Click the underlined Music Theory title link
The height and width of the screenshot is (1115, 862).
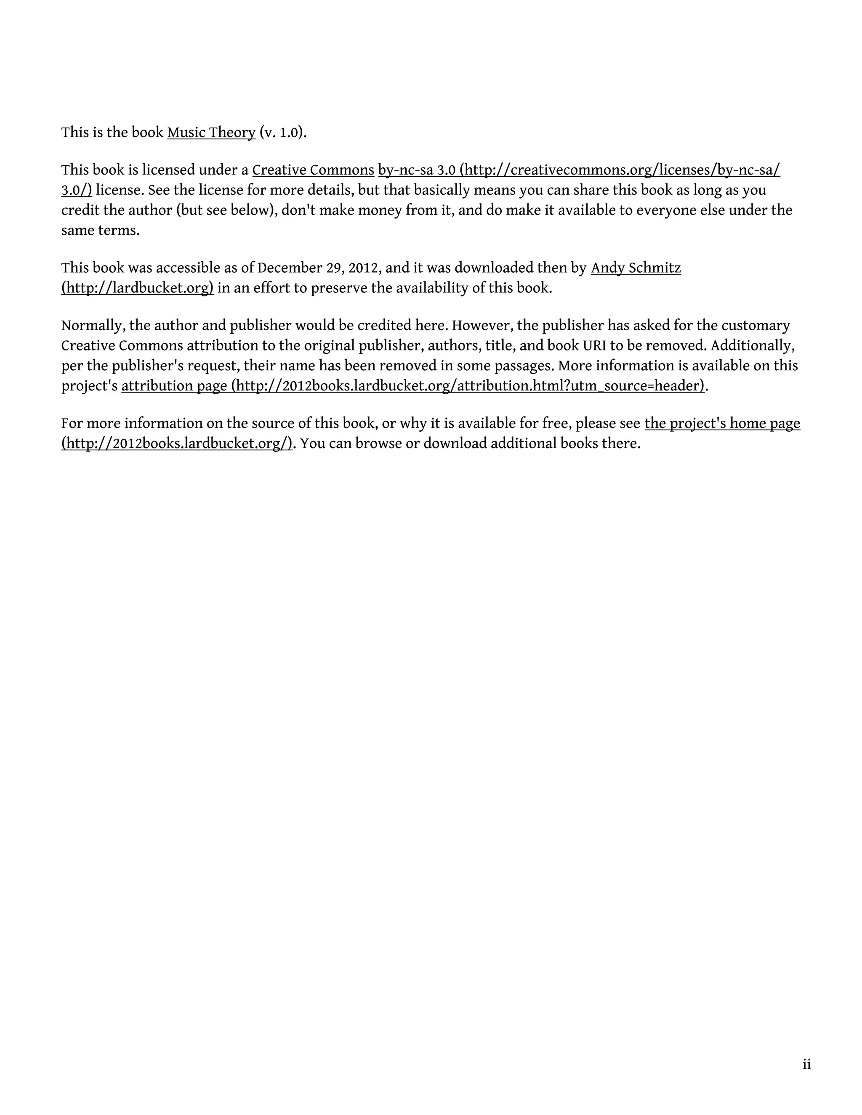click(211, 133)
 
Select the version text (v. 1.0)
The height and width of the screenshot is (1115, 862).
click(283, 133)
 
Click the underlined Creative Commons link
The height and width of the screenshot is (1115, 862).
click(313, 170)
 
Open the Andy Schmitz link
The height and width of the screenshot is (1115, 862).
click(636, 268)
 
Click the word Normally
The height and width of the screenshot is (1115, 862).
click(93, 326)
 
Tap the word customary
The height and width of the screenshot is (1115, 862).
click(757, 326)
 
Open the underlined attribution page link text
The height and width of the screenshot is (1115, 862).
click(174, 386)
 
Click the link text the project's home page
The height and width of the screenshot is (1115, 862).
click(722, 423)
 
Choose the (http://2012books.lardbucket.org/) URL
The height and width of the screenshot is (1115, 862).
click(177, 443)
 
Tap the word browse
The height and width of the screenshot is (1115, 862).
click(378, 443)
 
